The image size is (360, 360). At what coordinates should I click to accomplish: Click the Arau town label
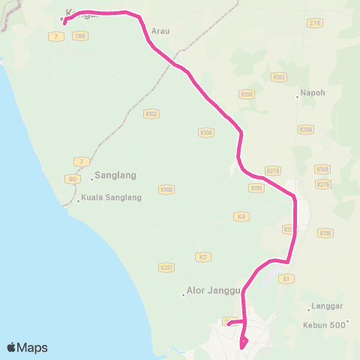click(160, 31)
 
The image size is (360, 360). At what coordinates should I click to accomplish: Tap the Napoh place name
click(312, 94)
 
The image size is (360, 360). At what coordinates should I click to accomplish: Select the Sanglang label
click(117, 177)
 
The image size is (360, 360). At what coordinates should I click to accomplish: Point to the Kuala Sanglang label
click(110, 200)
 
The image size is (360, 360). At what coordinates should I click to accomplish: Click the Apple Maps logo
click(27, 347)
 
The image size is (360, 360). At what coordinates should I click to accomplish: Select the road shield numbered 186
click(80, 35)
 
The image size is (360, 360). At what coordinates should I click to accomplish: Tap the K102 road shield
click(151, 114)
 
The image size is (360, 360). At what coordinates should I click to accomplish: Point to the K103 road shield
click(279, 76)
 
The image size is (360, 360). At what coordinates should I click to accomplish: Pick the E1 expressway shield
click(285, 278)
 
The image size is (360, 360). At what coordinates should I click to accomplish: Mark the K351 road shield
click(166, 266)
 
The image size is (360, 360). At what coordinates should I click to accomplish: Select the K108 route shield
click(166, 190)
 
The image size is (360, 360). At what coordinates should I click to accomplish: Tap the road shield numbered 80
click(73, 179)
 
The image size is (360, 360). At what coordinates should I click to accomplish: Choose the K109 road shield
click(322, 169)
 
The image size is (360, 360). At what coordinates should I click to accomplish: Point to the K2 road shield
click(202, 257)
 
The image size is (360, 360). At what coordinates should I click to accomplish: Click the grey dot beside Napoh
click(297, 96)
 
